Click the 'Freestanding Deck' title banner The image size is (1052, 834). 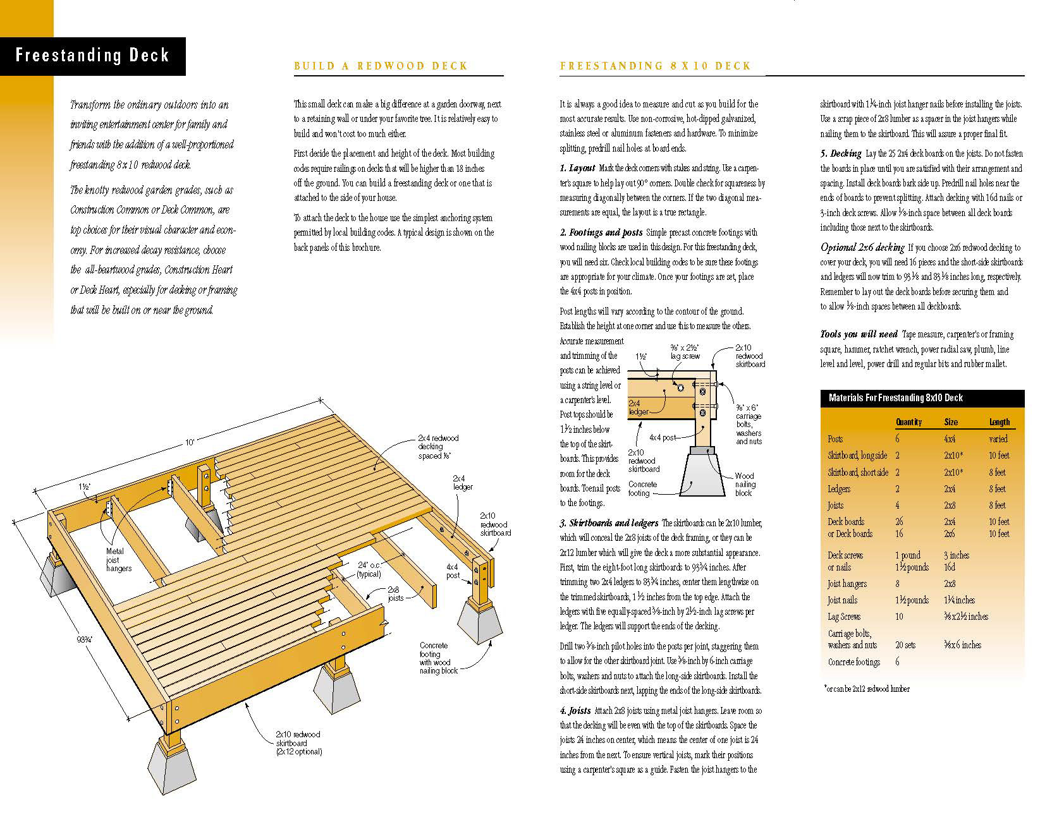coord(92,56)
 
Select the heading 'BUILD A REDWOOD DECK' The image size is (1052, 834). coord(381,66)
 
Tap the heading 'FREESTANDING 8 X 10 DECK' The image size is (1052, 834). coord(655,66)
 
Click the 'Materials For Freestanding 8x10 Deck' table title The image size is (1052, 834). coord(895,398)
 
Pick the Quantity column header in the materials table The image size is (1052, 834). coord(908,422)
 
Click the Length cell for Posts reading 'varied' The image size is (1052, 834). coord(998,439)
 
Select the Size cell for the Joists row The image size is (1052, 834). coord(950,505)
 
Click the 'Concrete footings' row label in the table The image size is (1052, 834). coord(853,662)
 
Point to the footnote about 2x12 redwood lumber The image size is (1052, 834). coord(867,689)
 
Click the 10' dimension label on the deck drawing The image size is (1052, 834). coord(190,443)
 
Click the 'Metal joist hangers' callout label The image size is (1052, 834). coord(119,560)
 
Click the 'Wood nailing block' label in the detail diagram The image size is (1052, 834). coord(745,484)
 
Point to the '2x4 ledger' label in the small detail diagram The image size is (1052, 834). coord(638,408)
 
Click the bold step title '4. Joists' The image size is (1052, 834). coord(575,711)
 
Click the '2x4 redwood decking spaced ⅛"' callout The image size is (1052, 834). coord(437,447)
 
